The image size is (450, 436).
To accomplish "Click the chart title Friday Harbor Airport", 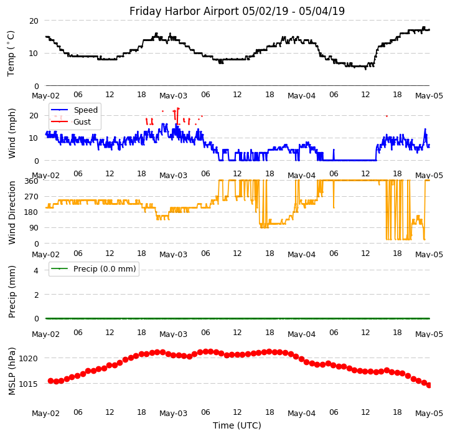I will click(237, 11).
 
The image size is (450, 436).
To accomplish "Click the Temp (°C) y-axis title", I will click(11, 53).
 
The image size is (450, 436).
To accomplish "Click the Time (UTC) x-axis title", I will click(237, 425).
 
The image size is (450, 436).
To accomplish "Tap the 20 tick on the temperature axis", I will click(34, 21).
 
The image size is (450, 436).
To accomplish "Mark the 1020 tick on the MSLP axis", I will click(29, 358).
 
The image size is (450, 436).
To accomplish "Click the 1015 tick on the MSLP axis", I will click(29, 384).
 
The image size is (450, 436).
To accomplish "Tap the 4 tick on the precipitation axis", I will click(36, 270).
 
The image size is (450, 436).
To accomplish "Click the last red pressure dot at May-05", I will click(429, 385).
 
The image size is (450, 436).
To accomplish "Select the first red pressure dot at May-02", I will click(50, 381).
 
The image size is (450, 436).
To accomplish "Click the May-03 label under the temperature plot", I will click(173, 96).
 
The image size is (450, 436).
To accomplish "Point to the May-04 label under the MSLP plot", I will click(301, 414).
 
